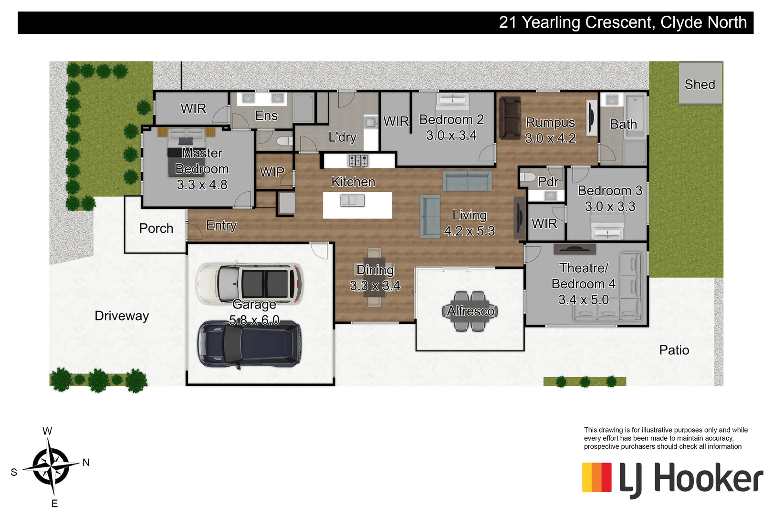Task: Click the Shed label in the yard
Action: [700, 84]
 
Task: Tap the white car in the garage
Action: [250, 284]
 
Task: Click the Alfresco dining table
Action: [470, 311]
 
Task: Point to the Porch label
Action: [156, 228]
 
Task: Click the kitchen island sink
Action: [353, 201]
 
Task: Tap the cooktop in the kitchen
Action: [358, 160]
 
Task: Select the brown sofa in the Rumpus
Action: [510, 118]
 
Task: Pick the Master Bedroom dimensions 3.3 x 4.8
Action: [202, 185]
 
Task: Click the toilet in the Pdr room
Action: [527, 178]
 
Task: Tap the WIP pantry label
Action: [272, 172]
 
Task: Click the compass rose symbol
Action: [51, 465]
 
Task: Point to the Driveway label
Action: [122, 316]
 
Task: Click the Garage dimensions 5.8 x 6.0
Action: [254, 320]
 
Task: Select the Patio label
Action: [674, 350]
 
